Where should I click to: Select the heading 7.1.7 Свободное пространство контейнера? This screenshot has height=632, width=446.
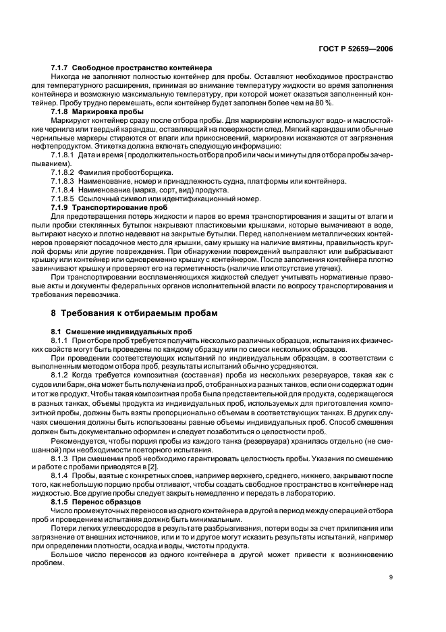tap(132, 68)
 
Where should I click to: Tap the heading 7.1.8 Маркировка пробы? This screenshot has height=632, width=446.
tap(97, 111)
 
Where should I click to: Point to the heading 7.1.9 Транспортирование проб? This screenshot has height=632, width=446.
tap(109, 207)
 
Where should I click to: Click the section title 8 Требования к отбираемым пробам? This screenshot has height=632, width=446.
tap(147, 313)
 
